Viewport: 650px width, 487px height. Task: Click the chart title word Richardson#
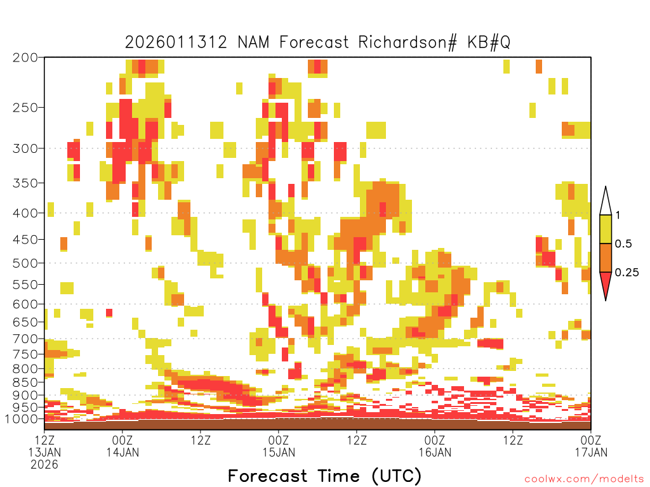408,42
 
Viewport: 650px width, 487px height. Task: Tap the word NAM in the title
253,42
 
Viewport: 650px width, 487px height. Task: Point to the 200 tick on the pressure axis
25,58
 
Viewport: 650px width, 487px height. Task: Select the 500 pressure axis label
25,263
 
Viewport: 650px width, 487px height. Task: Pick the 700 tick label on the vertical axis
25,339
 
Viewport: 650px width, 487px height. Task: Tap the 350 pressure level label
25,183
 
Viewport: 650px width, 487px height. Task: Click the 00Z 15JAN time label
279,446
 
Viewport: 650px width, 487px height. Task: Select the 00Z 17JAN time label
591,446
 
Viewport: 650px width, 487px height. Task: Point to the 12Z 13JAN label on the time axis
44,446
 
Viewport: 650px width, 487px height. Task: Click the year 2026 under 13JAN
44,465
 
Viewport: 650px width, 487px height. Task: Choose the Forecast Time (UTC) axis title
324,476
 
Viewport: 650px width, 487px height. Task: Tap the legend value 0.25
627,273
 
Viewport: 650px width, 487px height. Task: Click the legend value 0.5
623,243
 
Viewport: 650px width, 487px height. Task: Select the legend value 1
618,215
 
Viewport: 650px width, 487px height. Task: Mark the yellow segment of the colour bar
606,229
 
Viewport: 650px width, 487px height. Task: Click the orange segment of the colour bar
606,257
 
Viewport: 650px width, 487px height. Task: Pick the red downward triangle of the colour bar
606,283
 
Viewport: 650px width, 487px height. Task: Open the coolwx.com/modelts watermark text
585,479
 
